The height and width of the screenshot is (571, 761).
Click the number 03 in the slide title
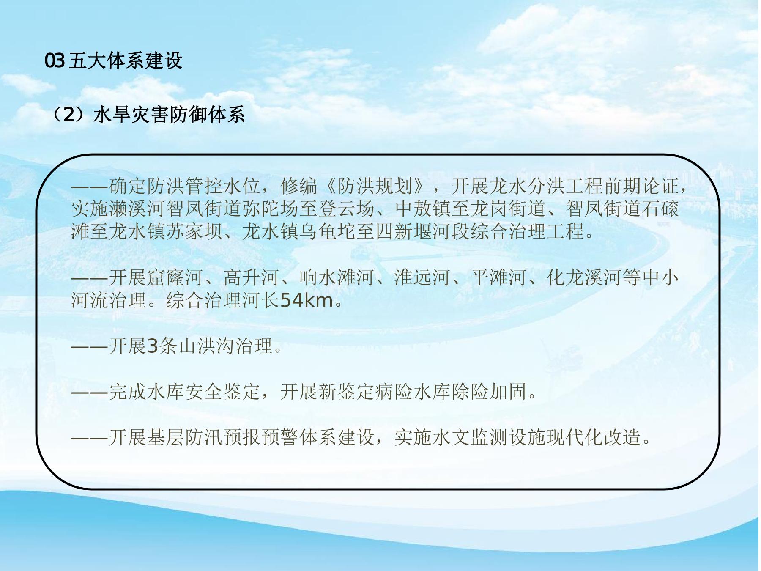pos(55,61)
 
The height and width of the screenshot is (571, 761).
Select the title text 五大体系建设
pos(126,61)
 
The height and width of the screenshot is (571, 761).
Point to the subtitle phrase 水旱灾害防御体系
pos(169,115)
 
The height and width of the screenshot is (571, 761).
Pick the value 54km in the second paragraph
pos(307,300)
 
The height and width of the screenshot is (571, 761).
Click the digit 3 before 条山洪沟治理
pos(152,346)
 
